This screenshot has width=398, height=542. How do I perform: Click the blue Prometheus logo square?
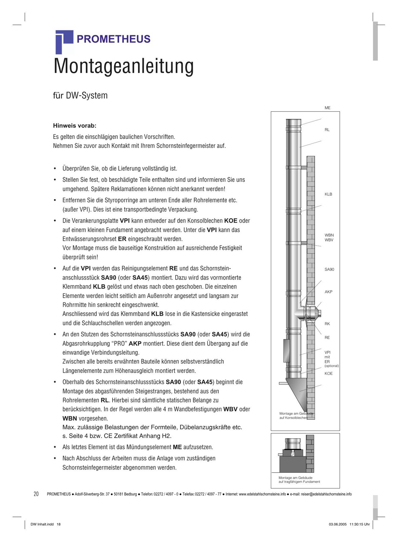[64, 41]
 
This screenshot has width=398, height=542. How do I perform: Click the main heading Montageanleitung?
[124, 66]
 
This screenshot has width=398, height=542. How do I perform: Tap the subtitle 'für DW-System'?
[80, 96]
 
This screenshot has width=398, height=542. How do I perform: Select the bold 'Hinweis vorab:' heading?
[75, 126]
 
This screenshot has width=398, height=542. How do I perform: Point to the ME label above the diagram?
[327, 108]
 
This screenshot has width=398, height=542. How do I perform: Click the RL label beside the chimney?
[327, 130]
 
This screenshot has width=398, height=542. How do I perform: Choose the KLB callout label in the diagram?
[328, 194]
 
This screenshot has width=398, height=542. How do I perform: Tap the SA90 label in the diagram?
[329, 269]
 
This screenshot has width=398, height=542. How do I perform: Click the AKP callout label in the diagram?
[328, 292]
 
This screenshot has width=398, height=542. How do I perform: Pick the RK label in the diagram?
[327, 324]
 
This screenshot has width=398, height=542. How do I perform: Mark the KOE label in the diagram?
[328, 373]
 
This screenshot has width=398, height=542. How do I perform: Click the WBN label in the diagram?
[329, 235]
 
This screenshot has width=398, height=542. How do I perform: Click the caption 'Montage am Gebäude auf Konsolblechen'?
[295, 416]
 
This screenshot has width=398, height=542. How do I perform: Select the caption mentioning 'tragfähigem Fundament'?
[299, 480]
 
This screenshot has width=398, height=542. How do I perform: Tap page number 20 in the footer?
[36, 494]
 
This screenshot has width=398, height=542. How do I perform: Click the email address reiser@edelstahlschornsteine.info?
[326, 494]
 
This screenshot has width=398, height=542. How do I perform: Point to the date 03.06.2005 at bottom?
[338, 524]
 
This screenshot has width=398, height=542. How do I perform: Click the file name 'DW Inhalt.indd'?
[42, 524]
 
